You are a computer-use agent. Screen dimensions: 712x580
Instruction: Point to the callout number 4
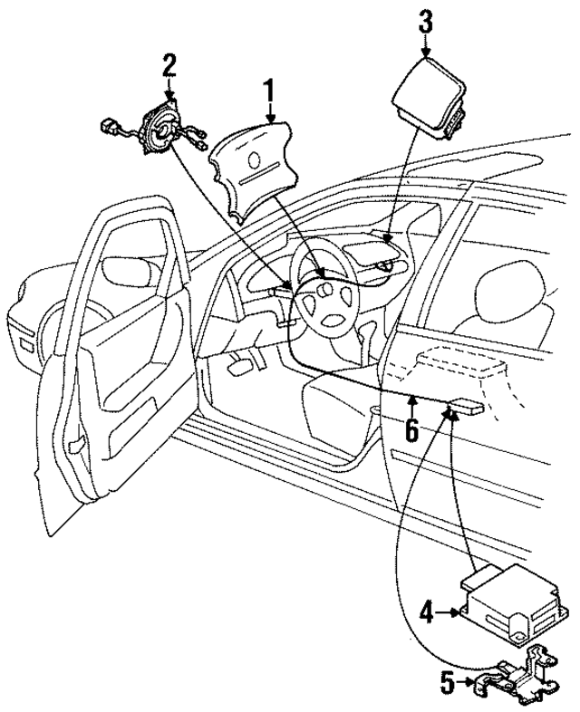(x=425, y=612)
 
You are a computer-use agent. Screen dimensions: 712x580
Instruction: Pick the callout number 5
(x=445, y=679)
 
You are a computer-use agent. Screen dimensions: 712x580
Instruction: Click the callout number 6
(x=411, y=429)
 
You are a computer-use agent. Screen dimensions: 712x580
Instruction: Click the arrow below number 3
(x=425, y=50)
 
